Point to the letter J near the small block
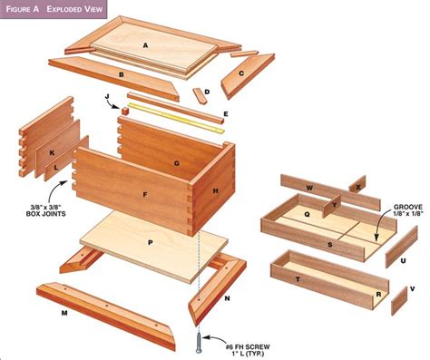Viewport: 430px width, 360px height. pyautogui.click(x=106, y=96)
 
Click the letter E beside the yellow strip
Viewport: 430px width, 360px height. pyautogui.click(x=225, y=114)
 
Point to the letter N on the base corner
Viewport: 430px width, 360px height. pyautogui.click(x=226, y=297)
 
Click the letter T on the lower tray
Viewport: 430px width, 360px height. pyautogui.click(x=298, y=280)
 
